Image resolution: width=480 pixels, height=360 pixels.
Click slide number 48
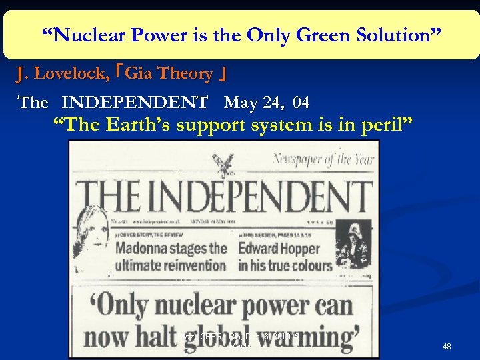(447, 347)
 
